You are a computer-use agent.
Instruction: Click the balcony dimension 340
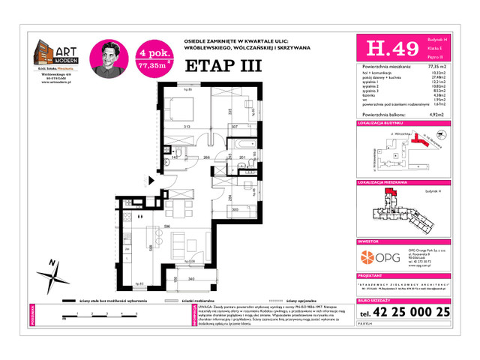coord(191,279)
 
